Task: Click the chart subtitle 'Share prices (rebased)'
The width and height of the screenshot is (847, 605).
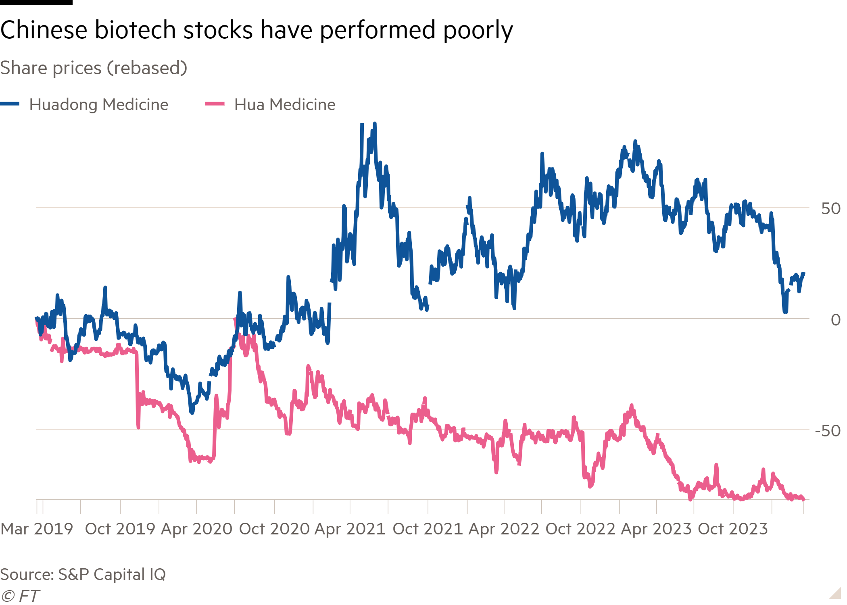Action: pyautogui.click(x=94, y=68)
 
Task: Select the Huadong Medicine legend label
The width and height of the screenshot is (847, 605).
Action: pyautogui.click(x=99, y=104)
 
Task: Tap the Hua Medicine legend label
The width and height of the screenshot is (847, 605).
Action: pyautogui.click(x=285, y=104)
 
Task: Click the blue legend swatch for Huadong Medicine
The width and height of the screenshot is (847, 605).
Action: pyautogui.click(x=10, y=104)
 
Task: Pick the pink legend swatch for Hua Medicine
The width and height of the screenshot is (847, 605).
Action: pyautogui.click(x=215, y=104)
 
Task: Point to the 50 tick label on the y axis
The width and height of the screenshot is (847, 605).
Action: pyautogui.click(x=830, y=209)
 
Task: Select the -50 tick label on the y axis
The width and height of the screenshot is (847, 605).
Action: pyautogui.click(x=827, y=431)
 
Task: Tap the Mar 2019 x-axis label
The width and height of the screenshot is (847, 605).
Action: pyautogui.click(x=37, y=529)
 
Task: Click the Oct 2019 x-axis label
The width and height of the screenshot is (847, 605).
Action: pyautogui.click(x=120, y=529)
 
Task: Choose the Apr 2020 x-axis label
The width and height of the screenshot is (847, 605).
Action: pyautogui.click(x=197, y=529)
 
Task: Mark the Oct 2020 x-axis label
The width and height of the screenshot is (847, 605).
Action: pyautogui.click(x=274, y=529)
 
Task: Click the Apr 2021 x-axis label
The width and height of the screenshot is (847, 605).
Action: pyautogui.click(x=350, y=529)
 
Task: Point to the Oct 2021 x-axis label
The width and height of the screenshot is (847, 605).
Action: pyautogui.click(x=428, y=529)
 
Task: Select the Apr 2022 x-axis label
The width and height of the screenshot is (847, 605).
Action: pyautogui.click(x=504, y=529)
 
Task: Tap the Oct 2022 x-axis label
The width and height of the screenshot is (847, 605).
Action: pyautogui.click(x=580, y=529)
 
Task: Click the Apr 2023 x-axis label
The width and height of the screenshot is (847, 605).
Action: pyautogui.click(x=657, y=529)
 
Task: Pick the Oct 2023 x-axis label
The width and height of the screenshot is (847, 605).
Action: pyautogui.click(x=733, y=529)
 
